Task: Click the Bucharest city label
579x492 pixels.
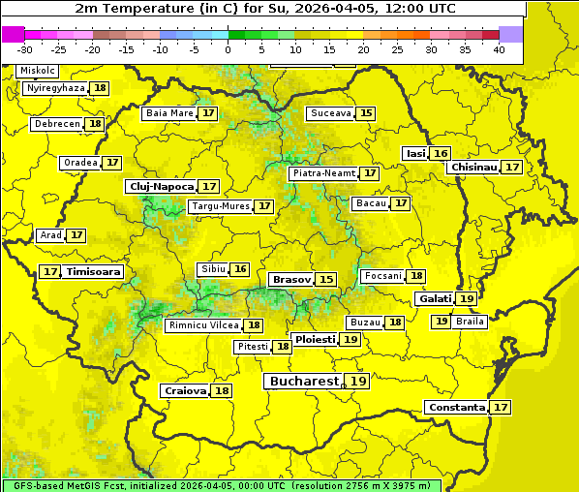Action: click(x=304, y=382)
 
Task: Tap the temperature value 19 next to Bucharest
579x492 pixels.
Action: click(x=358, y=382)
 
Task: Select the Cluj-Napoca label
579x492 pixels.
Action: click(x=161, y=186)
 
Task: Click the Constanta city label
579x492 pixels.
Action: click(x=455, y=408)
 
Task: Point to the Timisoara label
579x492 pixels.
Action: click(x=94, y=272)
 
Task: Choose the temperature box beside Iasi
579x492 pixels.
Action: click(x=441, y=153)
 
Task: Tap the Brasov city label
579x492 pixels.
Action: click(x=291, y=279)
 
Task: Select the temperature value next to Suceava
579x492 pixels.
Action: click(x=366, y=113)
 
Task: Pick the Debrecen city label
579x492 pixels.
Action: click(x=56, y=124)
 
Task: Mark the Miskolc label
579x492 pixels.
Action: click(x=38, y=71)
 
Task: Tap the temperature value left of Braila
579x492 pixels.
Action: click(x=441, y=322)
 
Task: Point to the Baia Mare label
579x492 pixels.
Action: click(x=169, y=113)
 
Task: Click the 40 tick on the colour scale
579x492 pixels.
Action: click(x=499, y=48)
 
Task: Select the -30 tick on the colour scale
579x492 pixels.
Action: click(x=25, y=48)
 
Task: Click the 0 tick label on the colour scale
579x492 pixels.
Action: click(x=228, y=48)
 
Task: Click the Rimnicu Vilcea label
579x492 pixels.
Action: click(x=202, y=325)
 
